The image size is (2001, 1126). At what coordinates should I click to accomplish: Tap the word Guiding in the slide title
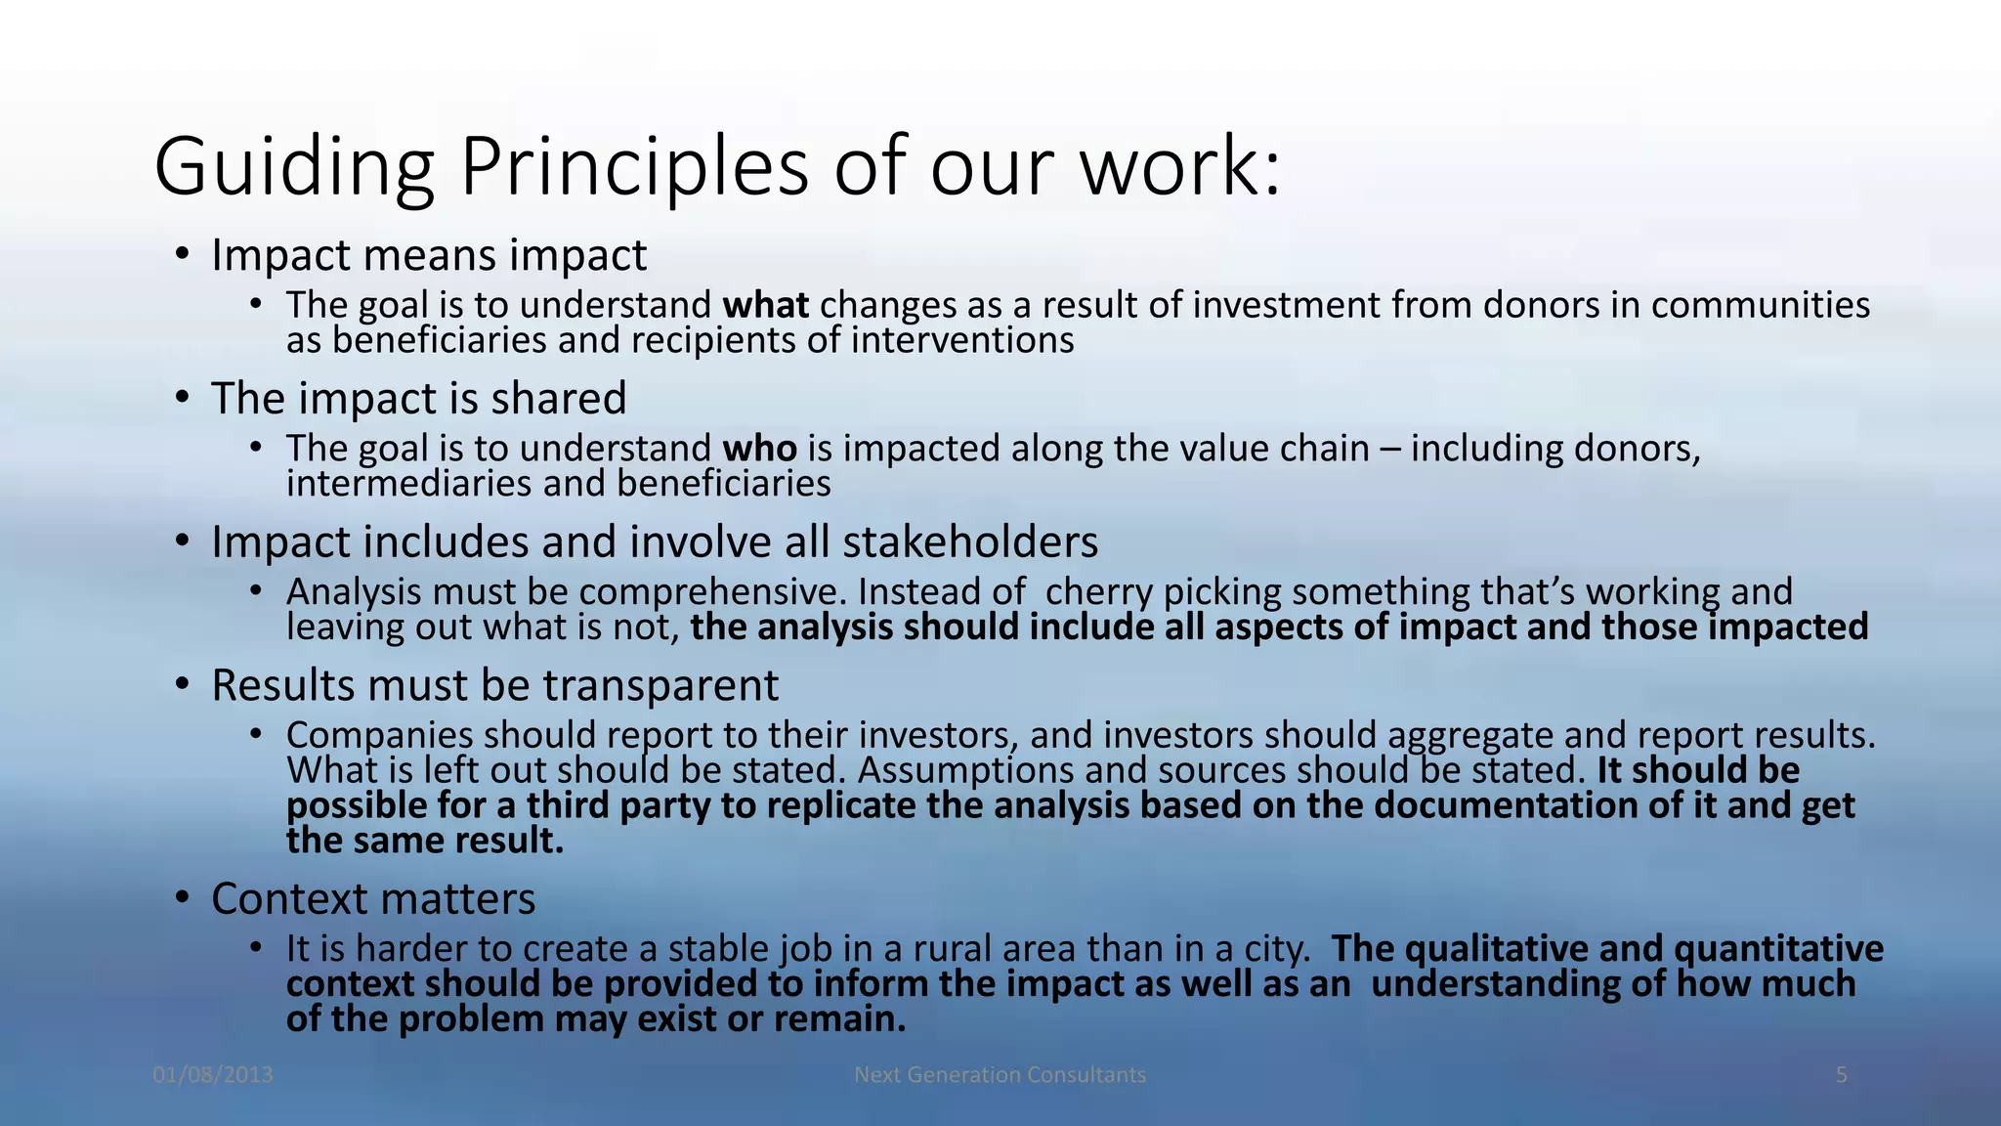click(293, 168)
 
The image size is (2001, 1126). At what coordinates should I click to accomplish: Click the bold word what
click(765, 306)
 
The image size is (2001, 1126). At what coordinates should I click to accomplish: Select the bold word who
click(759, 449)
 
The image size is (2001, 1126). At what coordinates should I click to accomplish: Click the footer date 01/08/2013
click(213, 1075)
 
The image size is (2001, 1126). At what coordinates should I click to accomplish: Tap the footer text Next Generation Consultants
click(1000, 1075)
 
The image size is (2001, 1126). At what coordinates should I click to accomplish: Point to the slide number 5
click(1841, 1075)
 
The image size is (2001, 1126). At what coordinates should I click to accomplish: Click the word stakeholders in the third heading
click(969, 542)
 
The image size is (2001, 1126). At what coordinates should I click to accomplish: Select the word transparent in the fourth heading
click(660, 685)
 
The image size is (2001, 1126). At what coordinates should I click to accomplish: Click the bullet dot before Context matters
click(182, 897)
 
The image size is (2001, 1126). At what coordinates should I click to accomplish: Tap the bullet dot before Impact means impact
click(182, 254)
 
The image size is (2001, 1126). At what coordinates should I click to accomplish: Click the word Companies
click(379, 735)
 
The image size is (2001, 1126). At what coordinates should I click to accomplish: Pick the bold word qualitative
click(1489, 949)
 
